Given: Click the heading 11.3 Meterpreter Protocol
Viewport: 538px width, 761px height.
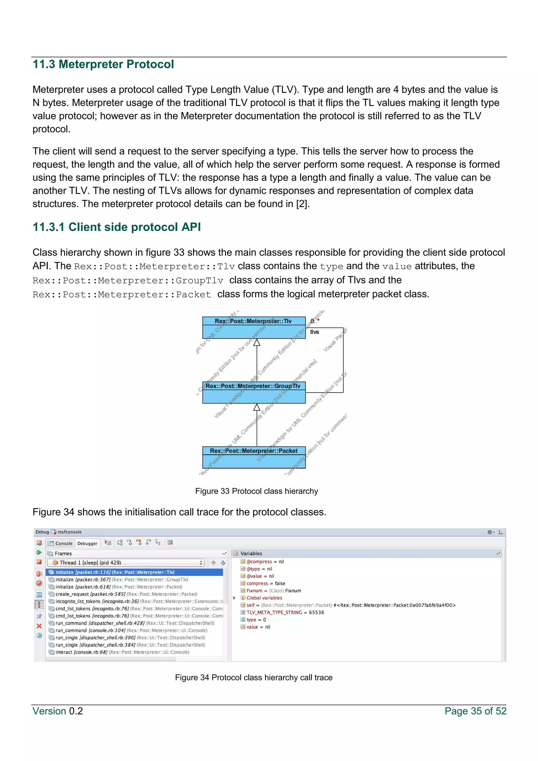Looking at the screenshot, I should pyautogui.click(x=103, y=64).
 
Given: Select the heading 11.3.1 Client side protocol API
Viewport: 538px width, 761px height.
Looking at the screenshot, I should pyautogui.click(x=117, y=227).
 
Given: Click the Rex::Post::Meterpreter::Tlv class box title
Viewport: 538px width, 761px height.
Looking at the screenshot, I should pyautogui.click(x=254, y=321).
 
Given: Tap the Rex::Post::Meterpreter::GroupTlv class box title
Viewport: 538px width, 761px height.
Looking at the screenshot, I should pyautogui.click(x=254, y=386).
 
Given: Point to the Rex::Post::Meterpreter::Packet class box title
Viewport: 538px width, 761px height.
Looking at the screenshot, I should pyautogui.click(x=254, y=451).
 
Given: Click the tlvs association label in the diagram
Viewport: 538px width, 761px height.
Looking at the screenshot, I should pyautogui.click(x=314, y=332).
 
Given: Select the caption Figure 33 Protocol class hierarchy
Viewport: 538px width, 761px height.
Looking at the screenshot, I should pyautogui.click(x=256, y=491).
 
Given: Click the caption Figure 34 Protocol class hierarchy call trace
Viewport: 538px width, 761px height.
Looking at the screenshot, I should pyautogui.click(x=254, y=677).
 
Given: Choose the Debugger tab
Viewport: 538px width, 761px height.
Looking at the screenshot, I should pyautogui.click(x=87, y=543).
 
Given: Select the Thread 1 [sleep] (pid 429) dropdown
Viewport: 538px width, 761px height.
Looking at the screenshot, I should pyautogui.click(x=126, y=562).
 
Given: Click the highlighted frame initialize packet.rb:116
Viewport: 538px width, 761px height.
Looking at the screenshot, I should pyautogui.click(x=115, y=572).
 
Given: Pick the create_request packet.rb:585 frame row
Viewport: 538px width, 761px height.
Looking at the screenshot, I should pyautogui.click(x=126, y=594).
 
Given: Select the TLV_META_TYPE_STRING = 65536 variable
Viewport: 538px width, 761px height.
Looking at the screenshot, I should pyautogui.click(x=285, y=612).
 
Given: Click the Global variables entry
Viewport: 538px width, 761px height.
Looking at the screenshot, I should pyautogui.click(x=264, y=598).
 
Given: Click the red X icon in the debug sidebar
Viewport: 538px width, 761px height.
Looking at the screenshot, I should pyautogui.click(x=39, y=626).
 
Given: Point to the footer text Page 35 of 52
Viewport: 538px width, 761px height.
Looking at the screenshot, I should pyautogui.click(x=475, y=711).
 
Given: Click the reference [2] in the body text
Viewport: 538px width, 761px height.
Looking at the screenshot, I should pyautogui.click(x=302, y=204).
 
